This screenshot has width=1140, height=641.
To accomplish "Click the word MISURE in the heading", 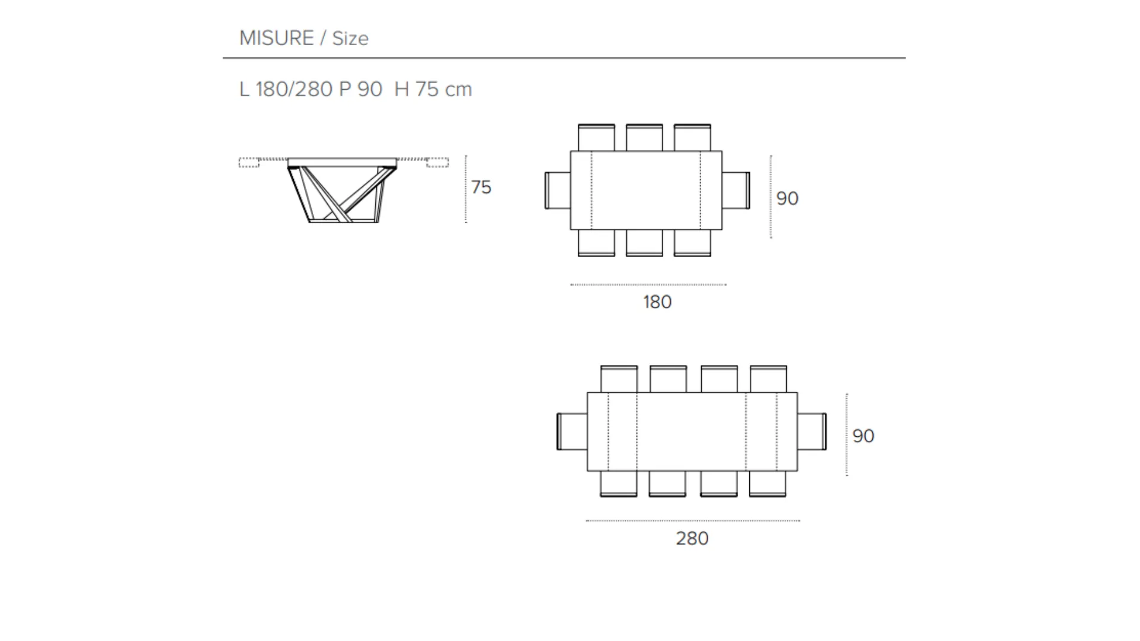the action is [x=276, y=38].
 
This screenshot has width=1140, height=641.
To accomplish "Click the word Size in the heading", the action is [x=350, y=39].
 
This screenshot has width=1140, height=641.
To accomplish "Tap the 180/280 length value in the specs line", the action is [x=294, y=89].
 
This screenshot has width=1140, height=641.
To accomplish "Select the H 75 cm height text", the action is [x=433, y=89].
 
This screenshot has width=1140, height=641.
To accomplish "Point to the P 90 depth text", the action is [x=360, y=89].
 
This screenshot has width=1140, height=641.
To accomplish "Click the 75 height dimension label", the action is [x=482, y=187].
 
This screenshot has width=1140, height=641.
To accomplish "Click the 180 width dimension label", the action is [x=657, y=302].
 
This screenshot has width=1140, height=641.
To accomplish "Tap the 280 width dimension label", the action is [x=692, y=538].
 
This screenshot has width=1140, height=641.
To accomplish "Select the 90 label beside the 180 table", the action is [x=787, y=198].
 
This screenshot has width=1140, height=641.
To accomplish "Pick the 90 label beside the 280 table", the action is [x=863, y=436].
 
